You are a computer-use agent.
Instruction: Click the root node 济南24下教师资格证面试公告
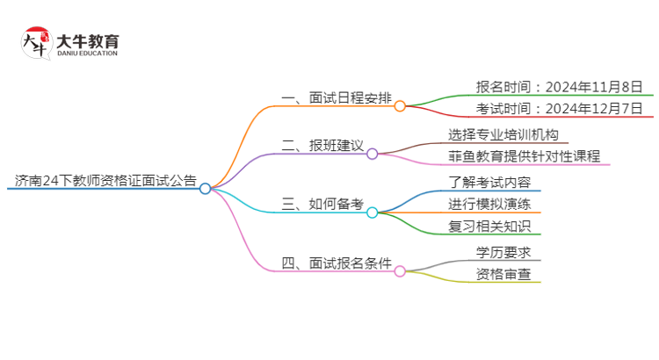(x=105, y=181)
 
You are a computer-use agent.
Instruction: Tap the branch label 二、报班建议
(x=321, y=145)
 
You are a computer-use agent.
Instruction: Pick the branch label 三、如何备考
(x=322, y=205)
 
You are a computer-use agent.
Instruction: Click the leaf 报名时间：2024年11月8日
(x=547, y=86)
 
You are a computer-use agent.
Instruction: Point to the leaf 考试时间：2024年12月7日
(x=547, y=110)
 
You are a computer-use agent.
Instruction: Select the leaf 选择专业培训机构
(x=502, y=134)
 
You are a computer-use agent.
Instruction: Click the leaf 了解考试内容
(x=489, y=182)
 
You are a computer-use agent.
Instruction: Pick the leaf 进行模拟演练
(x=489, y=205)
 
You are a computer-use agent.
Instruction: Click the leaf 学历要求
(x=503, y=252)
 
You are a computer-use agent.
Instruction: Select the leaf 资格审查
(x=503, y=274)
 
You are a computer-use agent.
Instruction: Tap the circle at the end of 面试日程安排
(x=400, y=106)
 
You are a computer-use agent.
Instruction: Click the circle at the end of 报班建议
(x=372, y=154)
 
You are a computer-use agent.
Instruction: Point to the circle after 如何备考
(x=372, y=212)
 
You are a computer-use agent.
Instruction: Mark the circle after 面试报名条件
(x=400, y=271)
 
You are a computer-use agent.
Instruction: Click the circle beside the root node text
(x=205, y=188)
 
